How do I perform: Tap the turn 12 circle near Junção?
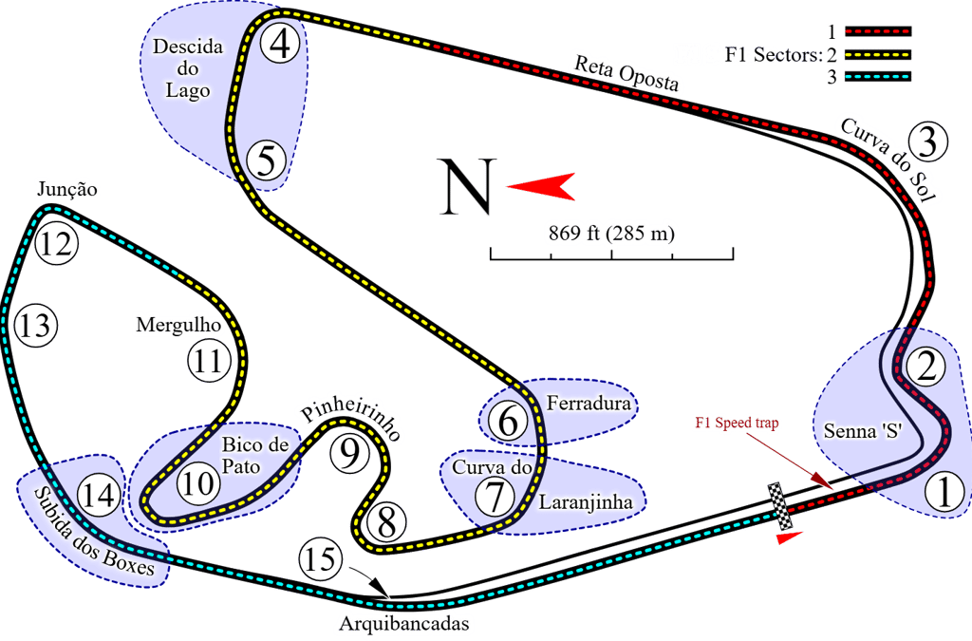(x=56, y=245)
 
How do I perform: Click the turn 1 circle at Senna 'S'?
(x=944, y=492)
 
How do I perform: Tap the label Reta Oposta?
(x=626, y=72)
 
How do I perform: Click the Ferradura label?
(x=589, y=404)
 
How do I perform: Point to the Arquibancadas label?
(x=403, y=624)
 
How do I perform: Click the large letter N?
(x=466, y=187)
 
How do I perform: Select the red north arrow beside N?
(x=540, y=186)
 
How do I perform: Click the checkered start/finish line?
(x=780, y=507)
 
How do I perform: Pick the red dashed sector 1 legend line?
(x=877, y=31)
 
